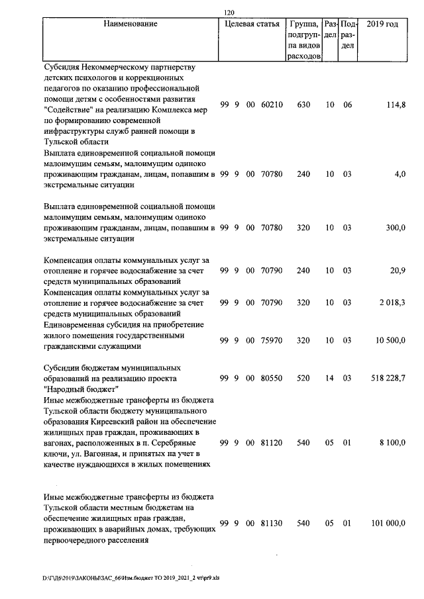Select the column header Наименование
click(131, 24)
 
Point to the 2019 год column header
click(382, 24)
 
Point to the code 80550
click(272, 378)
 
